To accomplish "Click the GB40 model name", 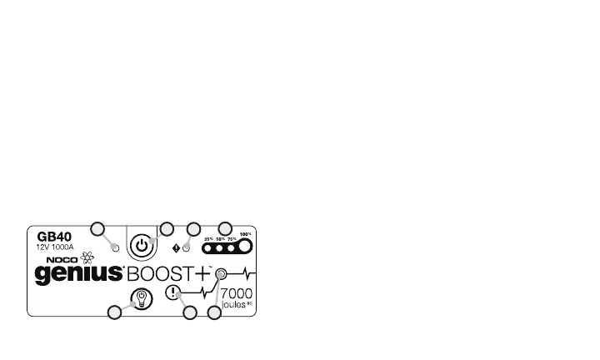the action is point(52,236).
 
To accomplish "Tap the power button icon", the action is point(142,247).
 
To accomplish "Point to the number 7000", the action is point(236,293).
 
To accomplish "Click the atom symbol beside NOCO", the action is point(86,257).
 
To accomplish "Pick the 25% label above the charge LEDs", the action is point(208,238).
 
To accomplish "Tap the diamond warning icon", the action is point(177,247).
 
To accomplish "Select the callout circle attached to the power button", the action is point(166,227).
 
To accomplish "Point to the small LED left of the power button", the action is point(116,247).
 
